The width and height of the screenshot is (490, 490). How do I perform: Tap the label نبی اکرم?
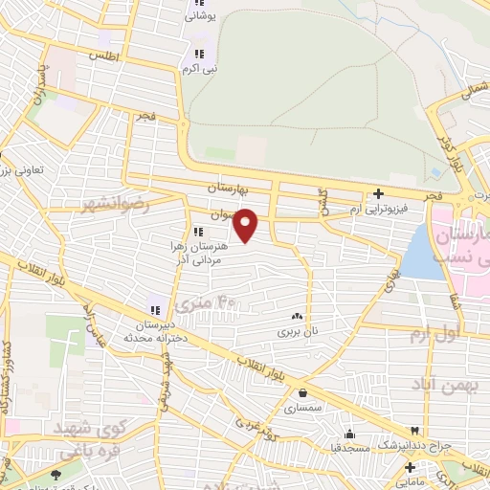[202, 70]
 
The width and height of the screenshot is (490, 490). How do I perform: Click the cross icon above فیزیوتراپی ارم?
[379, 193]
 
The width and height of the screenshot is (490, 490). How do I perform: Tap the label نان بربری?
[296, 331]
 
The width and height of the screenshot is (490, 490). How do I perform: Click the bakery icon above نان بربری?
[296, 317]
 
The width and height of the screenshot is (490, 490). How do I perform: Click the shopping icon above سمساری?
[303, 391]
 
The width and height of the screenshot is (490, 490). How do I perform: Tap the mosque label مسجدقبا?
[350, 447]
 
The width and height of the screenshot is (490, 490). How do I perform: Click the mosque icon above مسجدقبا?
[350, 433]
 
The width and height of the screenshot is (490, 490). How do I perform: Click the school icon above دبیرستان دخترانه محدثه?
[153, 309]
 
